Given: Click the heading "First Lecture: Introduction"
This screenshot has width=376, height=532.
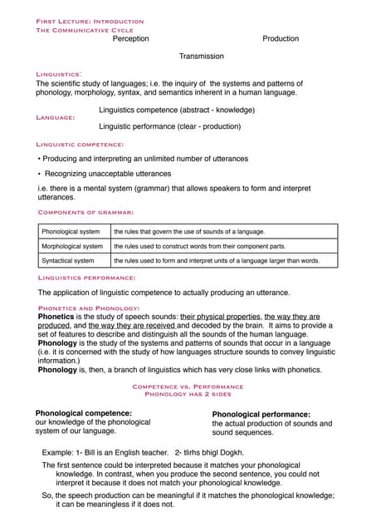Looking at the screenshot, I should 90,21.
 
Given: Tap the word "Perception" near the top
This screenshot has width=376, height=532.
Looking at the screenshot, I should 130,38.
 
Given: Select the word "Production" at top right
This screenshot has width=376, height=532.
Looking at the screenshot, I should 281,38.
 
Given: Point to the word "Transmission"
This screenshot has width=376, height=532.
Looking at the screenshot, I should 202,57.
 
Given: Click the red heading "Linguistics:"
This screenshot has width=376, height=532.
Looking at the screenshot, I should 58,74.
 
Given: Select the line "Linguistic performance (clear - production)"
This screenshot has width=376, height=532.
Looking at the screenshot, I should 170,126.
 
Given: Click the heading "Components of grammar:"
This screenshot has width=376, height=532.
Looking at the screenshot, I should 85,213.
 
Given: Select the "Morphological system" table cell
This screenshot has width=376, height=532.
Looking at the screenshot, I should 72,246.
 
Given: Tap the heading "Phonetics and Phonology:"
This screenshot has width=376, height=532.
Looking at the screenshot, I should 89,308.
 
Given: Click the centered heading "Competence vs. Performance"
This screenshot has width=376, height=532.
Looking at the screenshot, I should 188,387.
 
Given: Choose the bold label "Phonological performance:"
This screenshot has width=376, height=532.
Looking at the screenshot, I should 261,414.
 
